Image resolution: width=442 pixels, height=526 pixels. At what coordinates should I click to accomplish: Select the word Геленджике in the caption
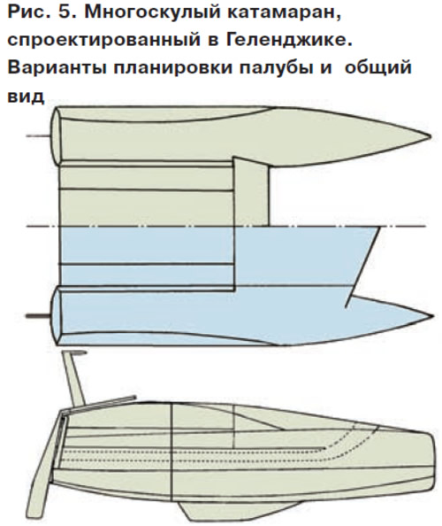pyautogui.click(x=289, y=40)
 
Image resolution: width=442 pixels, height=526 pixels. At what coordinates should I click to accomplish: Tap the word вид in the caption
pyautogui.click(x=26, y=96)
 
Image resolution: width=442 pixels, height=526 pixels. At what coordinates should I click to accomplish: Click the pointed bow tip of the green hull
pyautogui.click(x=431, y=136)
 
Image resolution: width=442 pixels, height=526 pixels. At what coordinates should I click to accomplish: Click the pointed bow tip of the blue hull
pyautogui.click(x=431, y=315)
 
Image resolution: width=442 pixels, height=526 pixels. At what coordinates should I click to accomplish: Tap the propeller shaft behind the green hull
pyautogui.click(x=38, y=135)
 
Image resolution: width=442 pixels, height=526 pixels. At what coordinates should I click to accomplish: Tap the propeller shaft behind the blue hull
pyautogui.click(x=38, y=315)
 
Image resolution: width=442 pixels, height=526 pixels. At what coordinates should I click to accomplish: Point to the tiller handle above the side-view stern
pyautogui.click(x=74, y=375)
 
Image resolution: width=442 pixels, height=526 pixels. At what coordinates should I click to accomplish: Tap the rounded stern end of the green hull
pyautogui.click(x=55, y=135)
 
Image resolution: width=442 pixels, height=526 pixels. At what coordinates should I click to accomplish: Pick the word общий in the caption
pyautogui.click(x=377, y=69)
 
